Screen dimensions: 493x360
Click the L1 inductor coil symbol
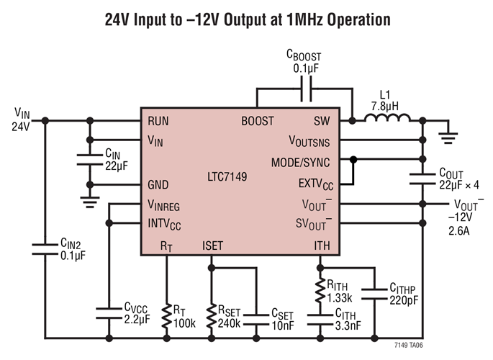(387, 118)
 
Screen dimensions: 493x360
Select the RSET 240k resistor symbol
(212, 316)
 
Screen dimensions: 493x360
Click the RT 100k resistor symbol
(167, 316)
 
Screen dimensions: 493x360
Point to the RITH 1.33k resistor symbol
(320, 290)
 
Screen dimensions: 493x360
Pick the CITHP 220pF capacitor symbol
(374, 294)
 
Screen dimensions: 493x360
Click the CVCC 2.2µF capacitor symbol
(109, 313)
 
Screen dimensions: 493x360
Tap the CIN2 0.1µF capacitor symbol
(45, 249)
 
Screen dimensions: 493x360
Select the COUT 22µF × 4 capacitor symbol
(422, 179)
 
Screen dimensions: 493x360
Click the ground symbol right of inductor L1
(448, 138)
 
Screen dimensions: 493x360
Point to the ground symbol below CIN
(90, 202)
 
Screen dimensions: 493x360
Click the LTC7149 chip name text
(227, 176)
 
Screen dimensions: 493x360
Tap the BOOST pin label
(258, 121)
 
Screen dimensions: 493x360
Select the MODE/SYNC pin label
(301, 163)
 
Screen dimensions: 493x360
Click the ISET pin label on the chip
(212, 246)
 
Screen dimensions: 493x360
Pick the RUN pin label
(158, 121)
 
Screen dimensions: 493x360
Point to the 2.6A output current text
(459, 231)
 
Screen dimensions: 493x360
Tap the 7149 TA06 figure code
(409, 345)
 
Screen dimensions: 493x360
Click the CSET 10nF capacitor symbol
(256, 320)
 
